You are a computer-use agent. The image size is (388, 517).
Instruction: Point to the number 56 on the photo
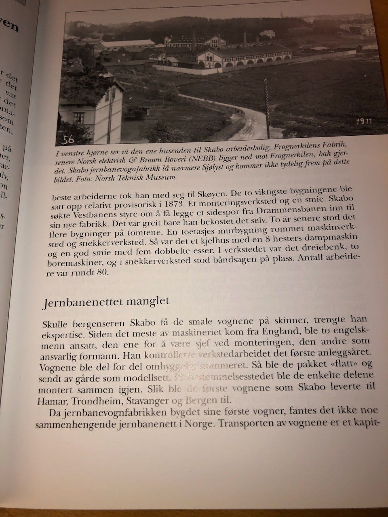click(69, 140)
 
